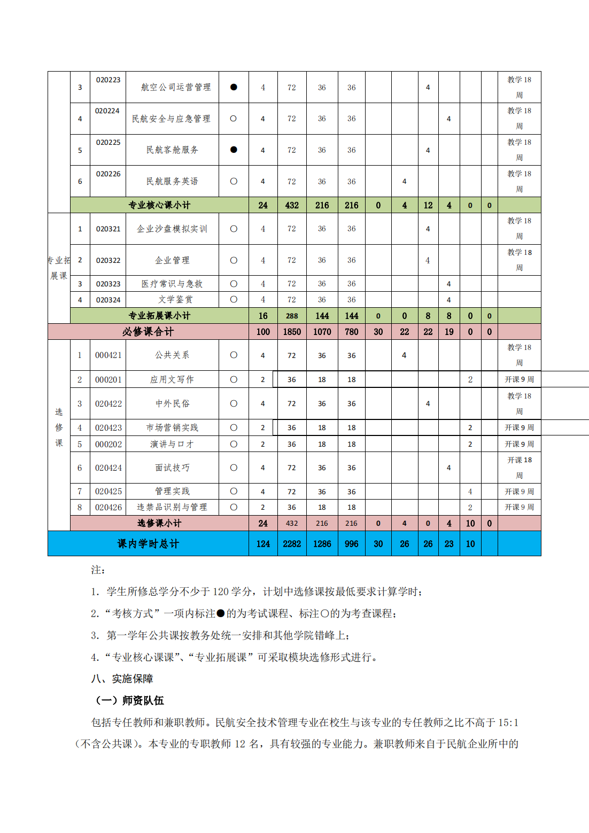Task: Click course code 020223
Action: [108, 80]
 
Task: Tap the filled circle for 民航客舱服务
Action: [234, 150]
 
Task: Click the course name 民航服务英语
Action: [172, 181]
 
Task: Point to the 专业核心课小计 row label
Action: [159, 205]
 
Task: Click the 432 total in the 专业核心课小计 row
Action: [292, 205]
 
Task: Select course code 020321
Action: [108, 229]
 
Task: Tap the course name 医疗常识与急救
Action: [172, 284]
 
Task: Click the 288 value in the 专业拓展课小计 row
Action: [292, 316]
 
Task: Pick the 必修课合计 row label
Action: [148, 332]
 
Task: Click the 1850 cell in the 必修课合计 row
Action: [292, 332]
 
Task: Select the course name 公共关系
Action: [172, 355]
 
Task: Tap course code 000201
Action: [108, 379]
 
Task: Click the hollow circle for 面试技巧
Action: [234, 468]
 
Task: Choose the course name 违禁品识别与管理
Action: [172, 507]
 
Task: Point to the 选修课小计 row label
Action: [159, 523]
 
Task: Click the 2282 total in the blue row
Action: [292, 544]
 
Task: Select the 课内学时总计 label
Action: [148, 544]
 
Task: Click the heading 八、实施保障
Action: [122, 679]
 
